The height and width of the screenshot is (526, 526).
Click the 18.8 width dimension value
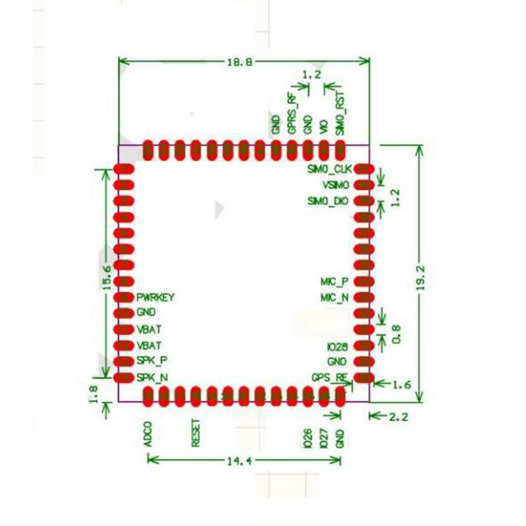[x=239, y=62]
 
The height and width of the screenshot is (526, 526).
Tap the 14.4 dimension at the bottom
[x=239, y=461]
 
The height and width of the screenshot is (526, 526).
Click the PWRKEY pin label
[x=156, y=297]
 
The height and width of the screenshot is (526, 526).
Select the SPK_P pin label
[x=152, y=361]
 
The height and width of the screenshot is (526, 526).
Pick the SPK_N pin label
[x=153, y=378]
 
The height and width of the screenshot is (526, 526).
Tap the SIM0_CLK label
[x=329, y=169]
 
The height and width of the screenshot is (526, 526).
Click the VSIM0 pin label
[x=336, y=185]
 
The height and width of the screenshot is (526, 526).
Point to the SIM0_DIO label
[x=328, y=201]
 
